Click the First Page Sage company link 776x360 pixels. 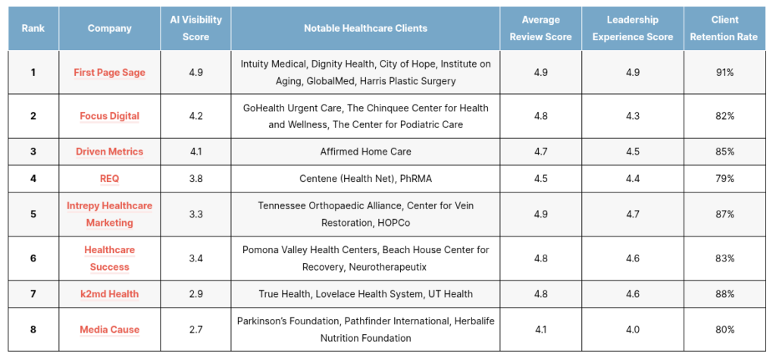click(109, 72)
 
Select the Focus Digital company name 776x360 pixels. click(109, 116)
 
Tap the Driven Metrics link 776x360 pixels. click(109, 152)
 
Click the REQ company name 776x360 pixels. click(109, 178)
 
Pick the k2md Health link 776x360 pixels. click(109, 294)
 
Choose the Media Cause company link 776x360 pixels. click(109, 330)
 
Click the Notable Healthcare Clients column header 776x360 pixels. click(365, 28)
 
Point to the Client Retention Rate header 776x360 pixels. click(724, 28)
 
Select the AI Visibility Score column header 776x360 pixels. click(196, 28)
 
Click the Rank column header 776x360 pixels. click(33, 28)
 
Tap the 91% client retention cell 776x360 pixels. click(724, 72)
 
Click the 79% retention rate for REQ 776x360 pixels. click(724, 178)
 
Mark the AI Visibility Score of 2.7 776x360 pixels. click(196, 330)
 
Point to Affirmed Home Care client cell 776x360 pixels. click(365, 152)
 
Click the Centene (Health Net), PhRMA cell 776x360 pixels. click(365, 178)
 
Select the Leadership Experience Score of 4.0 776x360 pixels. click(633, 330)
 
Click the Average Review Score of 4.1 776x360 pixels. click(540, 330)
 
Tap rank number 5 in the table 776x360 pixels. click(33, 214)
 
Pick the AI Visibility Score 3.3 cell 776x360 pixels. click(196, 214)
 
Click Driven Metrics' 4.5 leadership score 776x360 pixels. click(633, 152)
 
